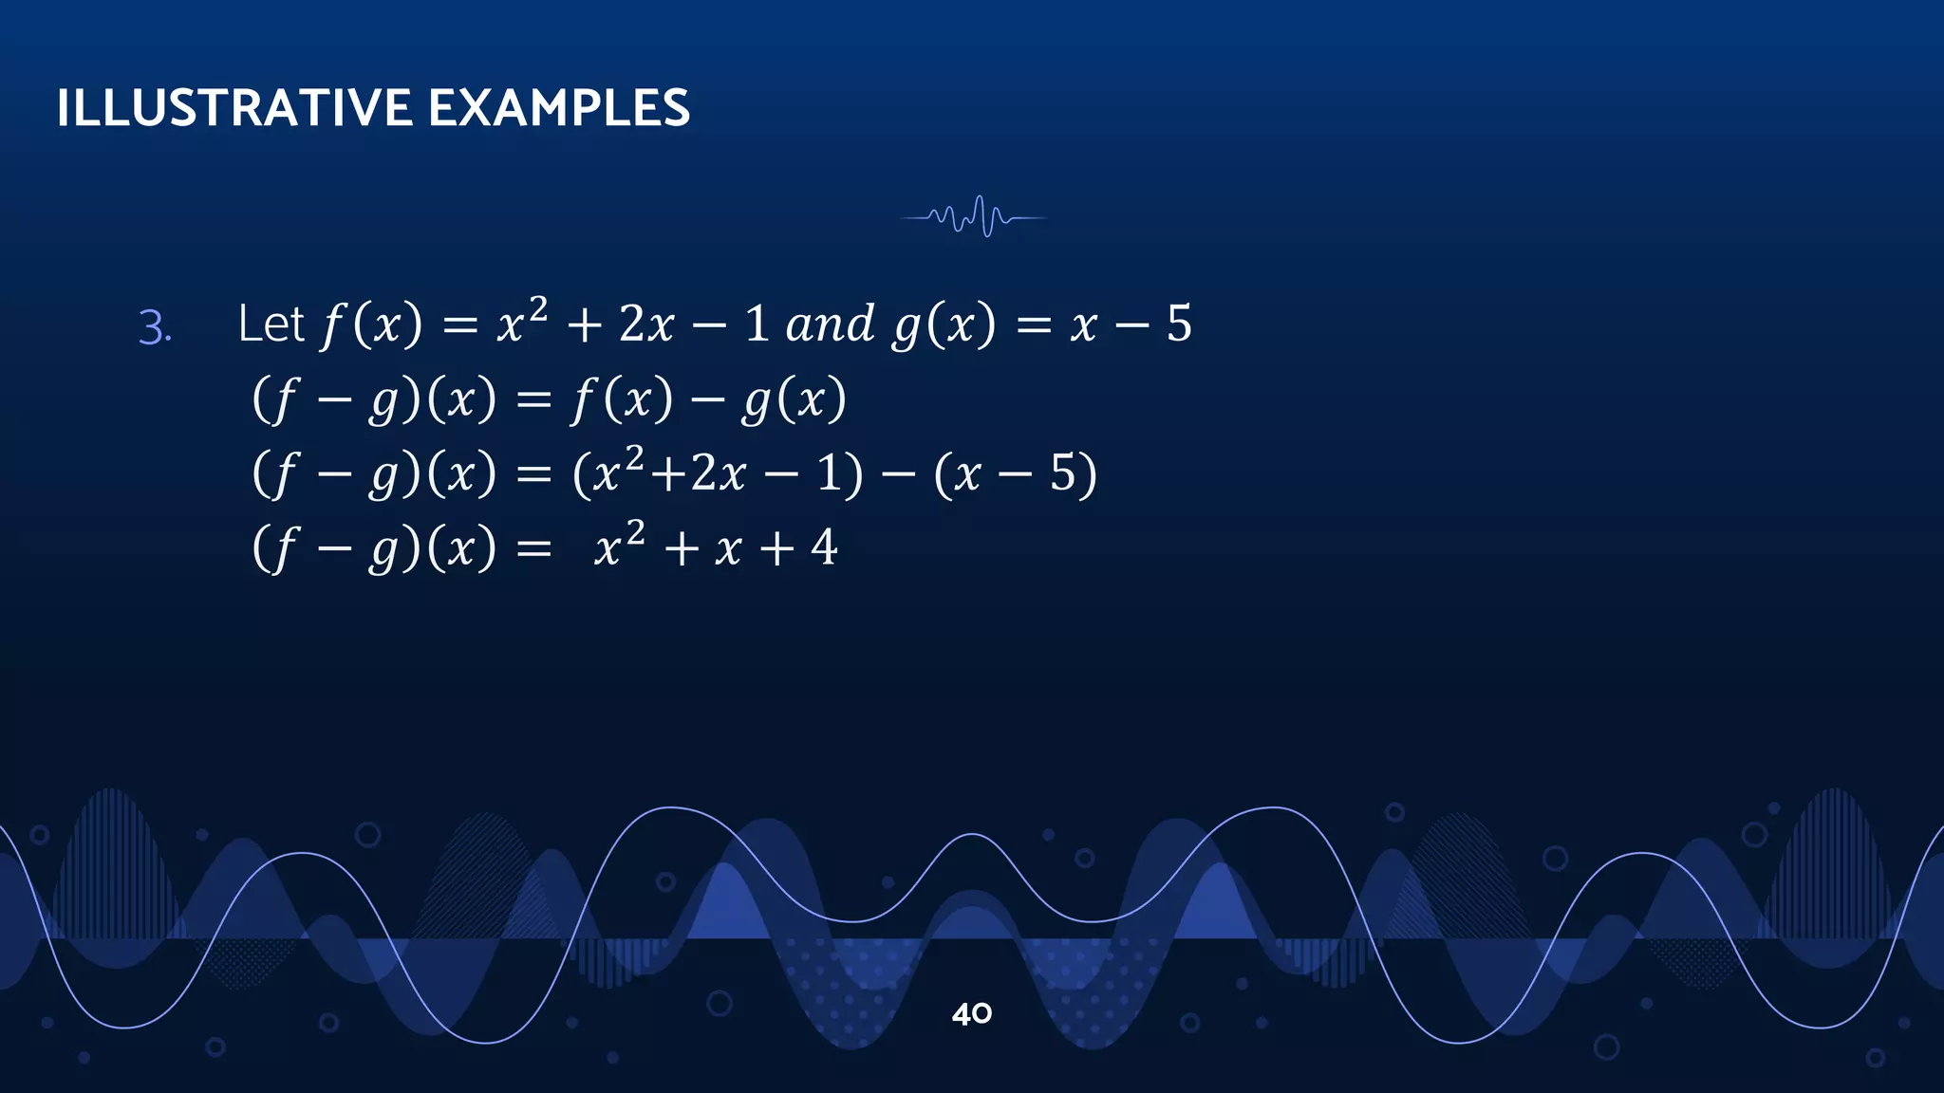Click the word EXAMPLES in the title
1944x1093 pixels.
[x=559, y=108]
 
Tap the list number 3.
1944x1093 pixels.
[x=155, y=328]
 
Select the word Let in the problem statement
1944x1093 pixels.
[x=271, y=324]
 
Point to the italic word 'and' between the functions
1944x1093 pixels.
[x=830, y=324]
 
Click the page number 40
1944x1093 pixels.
[x=971, y=1014]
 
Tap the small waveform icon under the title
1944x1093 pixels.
[x=973, y=217]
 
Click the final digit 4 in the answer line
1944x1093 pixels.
[x=824, y=547]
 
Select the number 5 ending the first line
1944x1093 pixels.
[x=1179, y=324]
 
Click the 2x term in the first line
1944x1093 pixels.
[x=645, y=324]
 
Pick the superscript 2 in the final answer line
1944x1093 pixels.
[x=635, y=531]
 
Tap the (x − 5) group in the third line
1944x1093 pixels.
[x=1015, y=473]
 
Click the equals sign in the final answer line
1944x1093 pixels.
[x=533, y=549]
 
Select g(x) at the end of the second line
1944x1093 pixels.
[x=794, y=399]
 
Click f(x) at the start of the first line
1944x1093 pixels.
[x=371, y=324]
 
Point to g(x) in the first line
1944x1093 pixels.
[x=944, y=324]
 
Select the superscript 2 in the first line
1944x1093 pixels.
[x=537, y=308]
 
